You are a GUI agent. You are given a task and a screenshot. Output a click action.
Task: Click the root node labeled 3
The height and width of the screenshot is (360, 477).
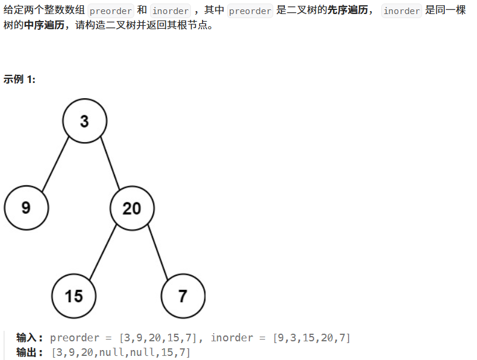tap(85, 121)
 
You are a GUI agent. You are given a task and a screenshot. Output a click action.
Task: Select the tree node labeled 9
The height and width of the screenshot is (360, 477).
tap(26, 207)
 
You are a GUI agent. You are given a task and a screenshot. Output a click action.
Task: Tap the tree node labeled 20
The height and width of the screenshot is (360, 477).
tap(132, 208)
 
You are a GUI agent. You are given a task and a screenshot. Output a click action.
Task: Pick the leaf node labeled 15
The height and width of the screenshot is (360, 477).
tap(74, 296)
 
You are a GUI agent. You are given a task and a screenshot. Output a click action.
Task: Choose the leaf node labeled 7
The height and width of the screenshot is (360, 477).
tap(183, 296)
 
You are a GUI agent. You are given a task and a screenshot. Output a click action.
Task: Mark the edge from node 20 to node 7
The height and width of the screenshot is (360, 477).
tap(158, 252)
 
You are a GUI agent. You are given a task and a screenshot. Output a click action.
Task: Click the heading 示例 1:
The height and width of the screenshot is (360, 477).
tap(19, 79)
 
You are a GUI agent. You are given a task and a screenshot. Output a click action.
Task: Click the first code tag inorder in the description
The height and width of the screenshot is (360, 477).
tap(170, 11)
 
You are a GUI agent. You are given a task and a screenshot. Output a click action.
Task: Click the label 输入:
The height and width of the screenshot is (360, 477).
tap(30, 338)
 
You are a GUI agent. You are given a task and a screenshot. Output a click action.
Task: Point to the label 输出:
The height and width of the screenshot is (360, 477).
tap(30, 352)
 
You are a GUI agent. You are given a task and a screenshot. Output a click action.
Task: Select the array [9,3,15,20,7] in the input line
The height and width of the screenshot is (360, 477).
tap(311, 338)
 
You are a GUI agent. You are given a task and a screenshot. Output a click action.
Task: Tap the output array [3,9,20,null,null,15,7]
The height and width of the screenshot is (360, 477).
tap(121, 352)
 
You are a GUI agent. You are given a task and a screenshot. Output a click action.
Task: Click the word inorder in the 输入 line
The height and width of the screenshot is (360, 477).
tap(232, 338)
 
